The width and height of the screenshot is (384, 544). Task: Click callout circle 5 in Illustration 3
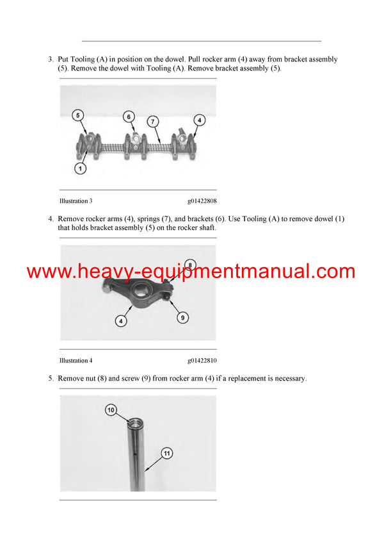pos(77,115)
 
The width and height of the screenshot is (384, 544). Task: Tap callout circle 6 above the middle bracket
pos(129,117)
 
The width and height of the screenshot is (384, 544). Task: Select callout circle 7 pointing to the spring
pos(152,121)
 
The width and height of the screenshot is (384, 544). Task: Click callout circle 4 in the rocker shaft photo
pos(199,120)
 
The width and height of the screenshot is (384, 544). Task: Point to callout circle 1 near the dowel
pos(80,169)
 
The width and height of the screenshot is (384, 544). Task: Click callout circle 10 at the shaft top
pos(110,409)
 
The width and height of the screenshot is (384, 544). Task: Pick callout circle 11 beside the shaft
pos(166,454)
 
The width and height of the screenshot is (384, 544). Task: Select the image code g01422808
pos(202,201)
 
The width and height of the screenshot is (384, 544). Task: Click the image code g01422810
pos(202,360)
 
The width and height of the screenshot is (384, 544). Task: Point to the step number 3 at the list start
pos(51,60)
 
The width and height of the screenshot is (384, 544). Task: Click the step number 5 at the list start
pos(51,379)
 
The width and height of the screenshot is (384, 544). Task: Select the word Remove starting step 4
pos(72,219)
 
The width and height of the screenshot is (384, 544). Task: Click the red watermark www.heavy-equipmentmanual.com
pos(191,272)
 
